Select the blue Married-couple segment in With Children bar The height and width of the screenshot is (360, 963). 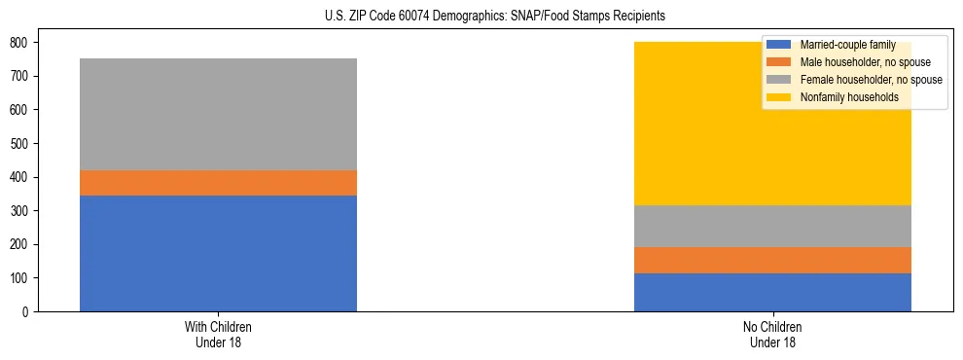click(x=218, y=253)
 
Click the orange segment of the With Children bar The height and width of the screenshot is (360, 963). click(x=218, y=183)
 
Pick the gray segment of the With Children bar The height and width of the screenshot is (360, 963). click(x=218, y=114)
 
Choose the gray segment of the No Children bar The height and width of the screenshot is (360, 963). click(x=772, y=226)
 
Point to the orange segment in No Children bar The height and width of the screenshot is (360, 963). click(x=772, y=260)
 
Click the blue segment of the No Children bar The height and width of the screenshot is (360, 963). click(x=772, y=292)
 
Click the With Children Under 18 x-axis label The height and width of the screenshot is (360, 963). click(x=218, y=334)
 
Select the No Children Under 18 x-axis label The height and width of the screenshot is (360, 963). click(x=772, y=334)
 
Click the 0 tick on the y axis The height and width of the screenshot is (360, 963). click(x=26, y=312)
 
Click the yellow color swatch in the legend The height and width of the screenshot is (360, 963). click(x=780, y=97)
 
